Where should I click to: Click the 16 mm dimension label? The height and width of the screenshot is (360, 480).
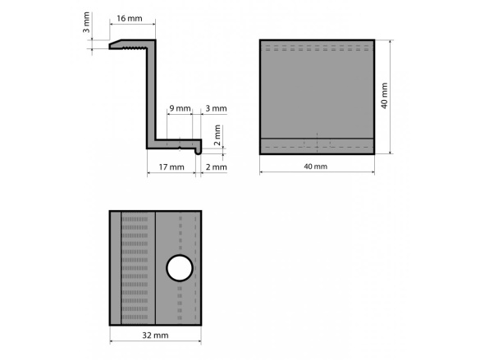tap(130, 18)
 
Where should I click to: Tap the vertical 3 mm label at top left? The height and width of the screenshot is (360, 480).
tap(87, 22)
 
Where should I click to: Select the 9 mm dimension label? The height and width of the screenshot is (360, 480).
tap(180, 108)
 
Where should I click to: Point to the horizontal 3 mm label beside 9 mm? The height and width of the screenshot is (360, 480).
tap(216, 108)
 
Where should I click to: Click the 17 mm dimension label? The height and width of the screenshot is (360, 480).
tap(171, 167)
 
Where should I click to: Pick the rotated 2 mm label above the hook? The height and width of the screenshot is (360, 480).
tap(217, 134)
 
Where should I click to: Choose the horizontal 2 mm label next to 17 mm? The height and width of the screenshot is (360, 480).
tap(216, 167)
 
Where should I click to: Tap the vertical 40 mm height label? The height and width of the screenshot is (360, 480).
tap(385, 96)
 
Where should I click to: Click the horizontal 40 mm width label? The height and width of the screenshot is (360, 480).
tap(316, 166)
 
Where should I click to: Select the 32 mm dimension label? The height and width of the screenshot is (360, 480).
tap(155, 335)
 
